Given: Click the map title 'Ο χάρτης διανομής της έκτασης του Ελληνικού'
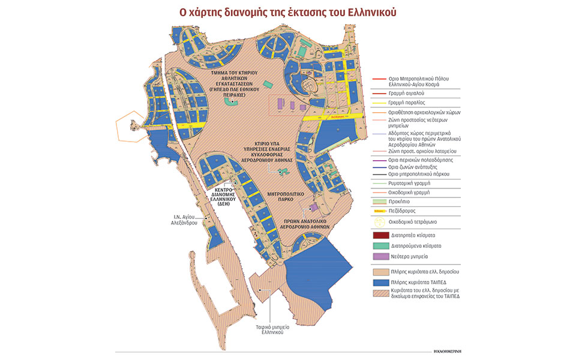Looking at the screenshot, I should [287, 12].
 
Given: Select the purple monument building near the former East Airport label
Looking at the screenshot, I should [313, 208].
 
